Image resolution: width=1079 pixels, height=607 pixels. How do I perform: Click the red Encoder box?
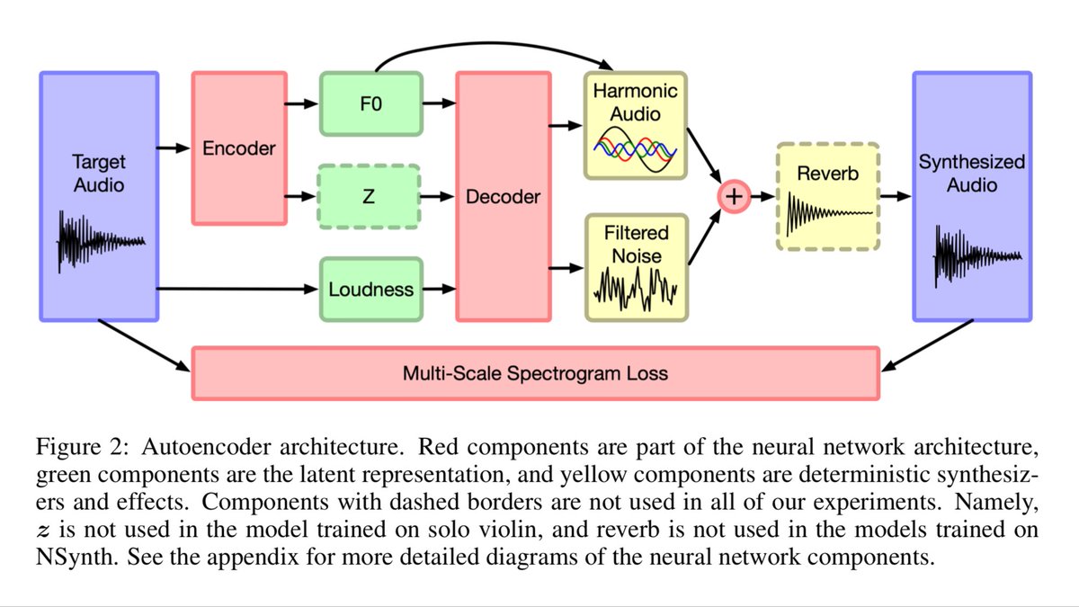238,148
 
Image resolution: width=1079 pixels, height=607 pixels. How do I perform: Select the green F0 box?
370,103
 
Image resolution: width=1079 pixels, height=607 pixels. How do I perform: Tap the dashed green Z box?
370,196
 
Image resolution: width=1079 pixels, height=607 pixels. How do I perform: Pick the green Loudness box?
370,289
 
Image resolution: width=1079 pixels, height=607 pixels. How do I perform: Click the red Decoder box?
503,196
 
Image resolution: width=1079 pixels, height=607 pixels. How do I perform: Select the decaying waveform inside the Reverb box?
827,213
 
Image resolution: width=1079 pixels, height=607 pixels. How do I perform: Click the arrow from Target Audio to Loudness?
238,289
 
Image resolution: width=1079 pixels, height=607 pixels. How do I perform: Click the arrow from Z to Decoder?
437,196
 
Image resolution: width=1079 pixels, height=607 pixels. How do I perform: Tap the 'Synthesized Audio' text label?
972,174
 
